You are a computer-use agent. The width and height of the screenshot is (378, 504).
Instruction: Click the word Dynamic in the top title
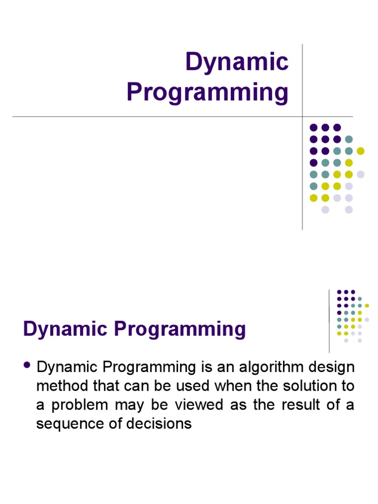(x=236, y=63)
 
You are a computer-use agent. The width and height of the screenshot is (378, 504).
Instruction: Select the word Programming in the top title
(x=207, y=93)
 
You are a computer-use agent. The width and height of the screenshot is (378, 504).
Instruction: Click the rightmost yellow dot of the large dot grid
(x=361, y=151)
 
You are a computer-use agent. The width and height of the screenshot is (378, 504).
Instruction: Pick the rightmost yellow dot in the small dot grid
(x=367, y=306)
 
